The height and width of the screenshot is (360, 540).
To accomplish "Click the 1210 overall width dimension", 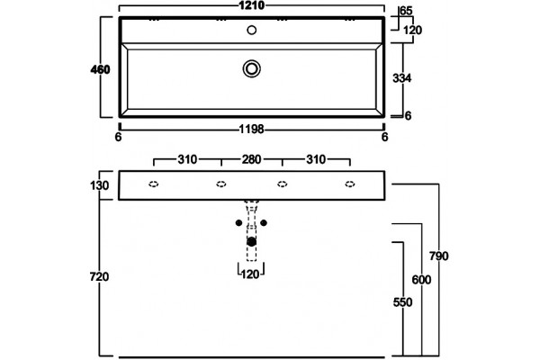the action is (252, 5).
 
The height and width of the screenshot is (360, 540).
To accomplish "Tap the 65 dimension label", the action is (406, 11).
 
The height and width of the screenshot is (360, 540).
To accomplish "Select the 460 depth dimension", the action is (100, 69).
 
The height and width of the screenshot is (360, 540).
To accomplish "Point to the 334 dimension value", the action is (402, 78).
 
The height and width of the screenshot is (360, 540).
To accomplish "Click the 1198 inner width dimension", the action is (252, 130).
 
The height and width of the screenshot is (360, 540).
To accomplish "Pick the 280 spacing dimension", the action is (251, 159).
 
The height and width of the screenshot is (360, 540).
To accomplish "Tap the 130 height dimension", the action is (100, 185).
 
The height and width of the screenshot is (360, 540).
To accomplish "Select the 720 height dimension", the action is (100, 276).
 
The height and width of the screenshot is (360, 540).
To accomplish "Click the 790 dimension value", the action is (439, 256).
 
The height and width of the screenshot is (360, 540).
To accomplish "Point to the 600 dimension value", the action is (421, 280).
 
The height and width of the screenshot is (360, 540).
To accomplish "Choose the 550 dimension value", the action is (402, 302).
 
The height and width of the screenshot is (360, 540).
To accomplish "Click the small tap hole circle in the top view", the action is (252, 30).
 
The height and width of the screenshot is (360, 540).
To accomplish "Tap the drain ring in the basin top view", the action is (252, 68).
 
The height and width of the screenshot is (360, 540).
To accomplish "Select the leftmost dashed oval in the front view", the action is (154, 184).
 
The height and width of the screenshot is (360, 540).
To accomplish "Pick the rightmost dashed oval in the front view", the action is (350, 184).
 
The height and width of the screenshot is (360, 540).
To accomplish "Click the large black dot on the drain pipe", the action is (252, 242).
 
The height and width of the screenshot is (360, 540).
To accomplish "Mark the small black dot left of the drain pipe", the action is (238, 223).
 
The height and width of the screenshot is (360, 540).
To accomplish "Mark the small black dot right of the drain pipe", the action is (264, 223).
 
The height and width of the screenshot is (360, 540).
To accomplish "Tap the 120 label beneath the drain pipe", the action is (250, 274).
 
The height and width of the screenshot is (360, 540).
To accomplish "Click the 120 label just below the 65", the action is (412, 31).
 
